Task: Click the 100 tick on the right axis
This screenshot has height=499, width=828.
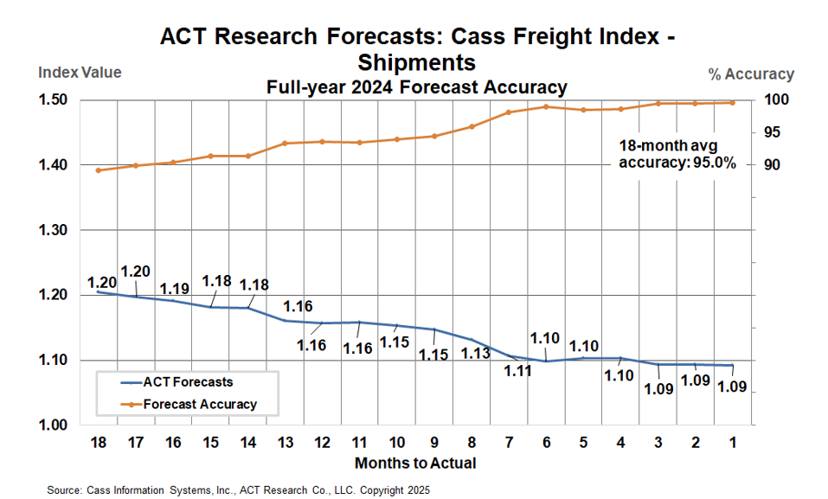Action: click(x=778, y=100)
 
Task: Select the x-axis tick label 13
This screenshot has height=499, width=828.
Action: click(x=286, y=443)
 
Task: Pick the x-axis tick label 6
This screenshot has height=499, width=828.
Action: click(x=546, y=443)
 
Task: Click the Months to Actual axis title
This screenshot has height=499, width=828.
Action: click(x=415, y=463)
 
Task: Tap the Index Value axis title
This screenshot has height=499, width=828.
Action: click(x=80, y=73)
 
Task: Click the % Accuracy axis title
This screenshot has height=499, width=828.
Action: click(x=750, y=74)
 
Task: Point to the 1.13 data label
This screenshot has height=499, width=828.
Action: click(x=475, y=354)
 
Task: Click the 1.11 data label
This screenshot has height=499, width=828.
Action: click(x=517, y=371)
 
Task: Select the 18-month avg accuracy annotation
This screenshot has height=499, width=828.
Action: click(x=677, y=153)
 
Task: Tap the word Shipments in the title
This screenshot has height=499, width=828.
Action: click(x=416, y=62)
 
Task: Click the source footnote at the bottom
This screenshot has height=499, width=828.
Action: click(x=238, y=489)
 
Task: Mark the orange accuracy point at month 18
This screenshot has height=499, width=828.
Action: click(x=98, y=170)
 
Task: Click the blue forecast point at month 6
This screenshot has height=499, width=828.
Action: click(x=546, y=361)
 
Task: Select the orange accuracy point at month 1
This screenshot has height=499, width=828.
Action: click(x=733, y=102)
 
